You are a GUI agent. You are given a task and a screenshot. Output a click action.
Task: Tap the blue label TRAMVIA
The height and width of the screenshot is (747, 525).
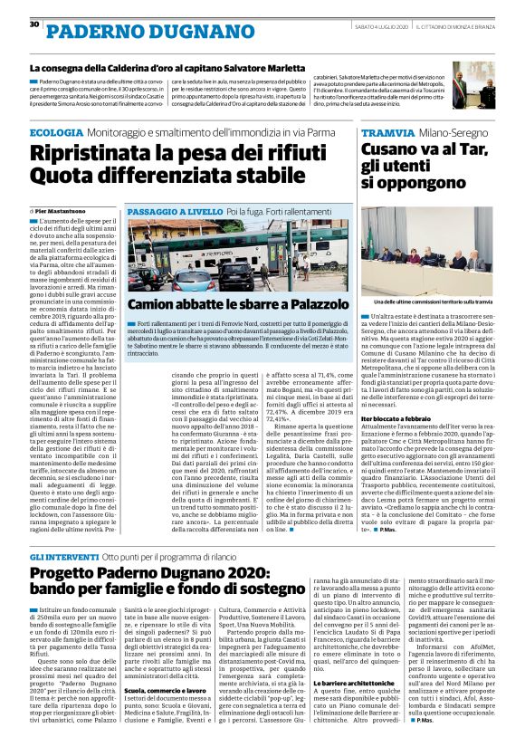coord(383,133)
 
